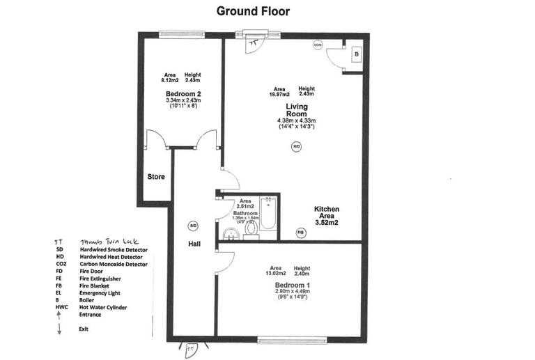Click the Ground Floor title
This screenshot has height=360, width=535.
253,11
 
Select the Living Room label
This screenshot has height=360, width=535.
297,110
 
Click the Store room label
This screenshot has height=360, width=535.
156,177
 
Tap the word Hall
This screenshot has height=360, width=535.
194,245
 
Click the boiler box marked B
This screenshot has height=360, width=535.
356,54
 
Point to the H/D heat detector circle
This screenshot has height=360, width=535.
296,147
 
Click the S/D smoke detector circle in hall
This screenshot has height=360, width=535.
194,226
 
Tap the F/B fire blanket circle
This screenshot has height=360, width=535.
301,231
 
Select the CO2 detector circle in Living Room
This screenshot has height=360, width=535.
318,45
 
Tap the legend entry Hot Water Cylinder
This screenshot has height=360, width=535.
107,307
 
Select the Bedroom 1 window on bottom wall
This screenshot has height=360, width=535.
281,340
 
